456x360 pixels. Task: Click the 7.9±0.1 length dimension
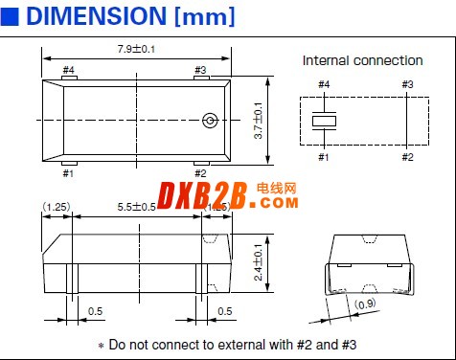tap(136, 49)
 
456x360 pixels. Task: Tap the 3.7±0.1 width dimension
tap(258, 121)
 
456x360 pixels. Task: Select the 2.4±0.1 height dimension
tap(258, 262)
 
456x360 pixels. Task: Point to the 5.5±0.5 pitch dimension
tap(136, 207)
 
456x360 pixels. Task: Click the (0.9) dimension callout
tap(365, 304)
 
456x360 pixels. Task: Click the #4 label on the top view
tap(68, 70)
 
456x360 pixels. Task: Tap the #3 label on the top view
tap(200, 70)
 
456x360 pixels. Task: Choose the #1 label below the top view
tap(68, 173)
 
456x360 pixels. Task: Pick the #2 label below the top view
tap(200, 173)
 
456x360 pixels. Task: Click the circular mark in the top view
tap(210, 121)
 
